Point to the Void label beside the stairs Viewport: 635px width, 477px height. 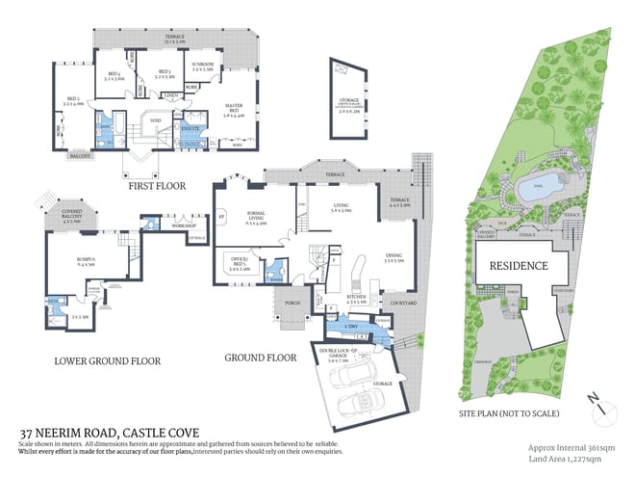(x=156, y=120)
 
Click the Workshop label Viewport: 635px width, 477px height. (x=183, y=226)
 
